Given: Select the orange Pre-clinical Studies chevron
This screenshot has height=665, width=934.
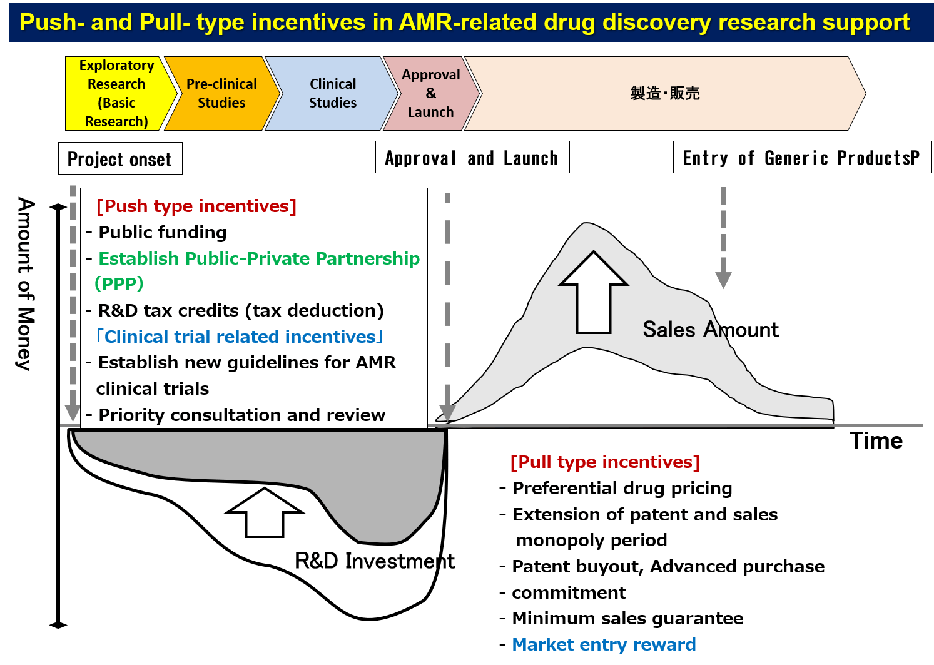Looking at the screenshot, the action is tap(222, 93).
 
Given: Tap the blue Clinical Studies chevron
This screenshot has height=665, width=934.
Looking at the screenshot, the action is tap(332, 93).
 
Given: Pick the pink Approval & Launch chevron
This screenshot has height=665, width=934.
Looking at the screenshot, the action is tap(431, 93).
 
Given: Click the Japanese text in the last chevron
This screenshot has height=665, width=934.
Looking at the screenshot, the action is tap(665, 93).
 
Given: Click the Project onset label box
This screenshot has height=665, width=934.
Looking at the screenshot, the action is tap(120, 158).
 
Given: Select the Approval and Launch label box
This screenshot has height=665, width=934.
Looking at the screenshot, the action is tap(472, 157).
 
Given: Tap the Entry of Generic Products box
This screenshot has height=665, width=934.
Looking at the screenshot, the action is tap(802, 157).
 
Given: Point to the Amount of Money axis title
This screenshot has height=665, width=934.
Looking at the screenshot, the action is tap(26, 283).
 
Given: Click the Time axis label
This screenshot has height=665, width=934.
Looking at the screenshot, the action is tap(876, 440).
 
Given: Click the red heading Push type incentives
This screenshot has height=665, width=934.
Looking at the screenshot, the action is tap(196, 206).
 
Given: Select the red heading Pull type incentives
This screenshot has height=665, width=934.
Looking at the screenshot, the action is tap(605, 462).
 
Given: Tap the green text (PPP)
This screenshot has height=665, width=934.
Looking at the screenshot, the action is tap(119, 283).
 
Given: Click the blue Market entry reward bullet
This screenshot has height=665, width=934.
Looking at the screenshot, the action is tap(604, 644).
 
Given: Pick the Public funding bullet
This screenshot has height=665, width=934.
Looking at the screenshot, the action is tap(162, 232).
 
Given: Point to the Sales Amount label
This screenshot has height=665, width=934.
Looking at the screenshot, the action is tap(711, 330).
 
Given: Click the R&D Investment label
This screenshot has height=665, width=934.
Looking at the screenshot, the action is tap(375, 561).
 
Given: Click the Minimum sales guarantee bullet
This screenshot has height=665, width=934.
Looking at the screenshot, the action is tap(627, 618).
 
